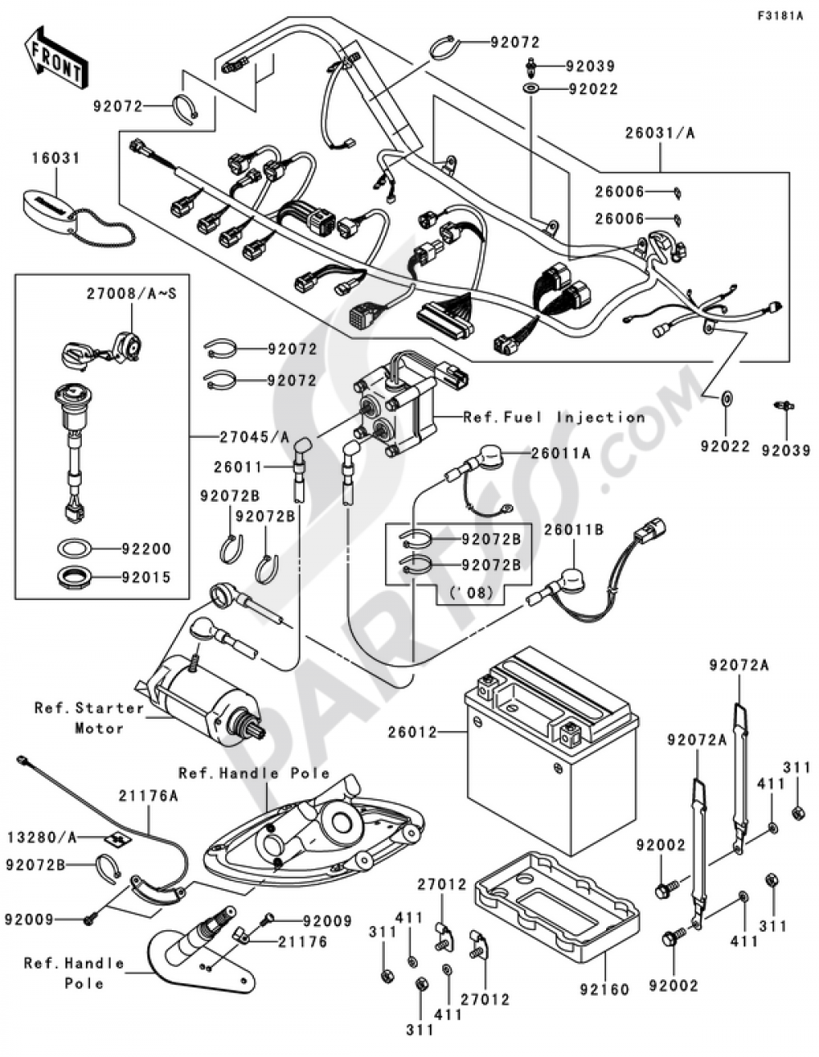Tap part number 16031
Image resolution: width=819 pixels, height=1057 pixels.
pos(56,158)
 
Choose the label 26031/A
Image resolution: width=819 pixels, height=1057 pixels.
pos(660,133)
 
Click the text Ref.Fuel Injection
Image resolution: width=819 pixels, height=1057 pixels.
pos(554,418)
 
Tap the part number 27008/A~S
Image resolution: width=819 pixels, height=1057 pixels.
pos(132,294)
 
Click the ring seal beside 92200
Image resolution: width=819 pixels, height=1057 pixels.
pos(74,549)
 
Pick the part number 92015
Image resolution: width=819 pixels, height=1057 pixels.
pos(147,577)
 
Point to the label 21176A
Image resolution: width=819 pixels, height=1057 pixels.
pos(148,797)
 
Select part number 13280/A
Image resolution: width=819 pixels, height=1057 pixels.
pos(43,837)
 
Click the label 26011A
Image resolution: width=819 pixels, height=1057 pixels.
pos(560,454)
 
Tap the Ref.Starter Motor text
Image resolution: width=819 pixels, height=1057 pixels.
pos(90,718)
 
